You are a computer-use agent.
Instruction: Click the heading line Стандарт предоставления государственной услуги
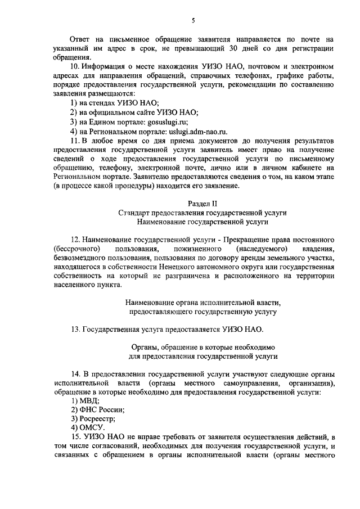coord(202,213)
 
